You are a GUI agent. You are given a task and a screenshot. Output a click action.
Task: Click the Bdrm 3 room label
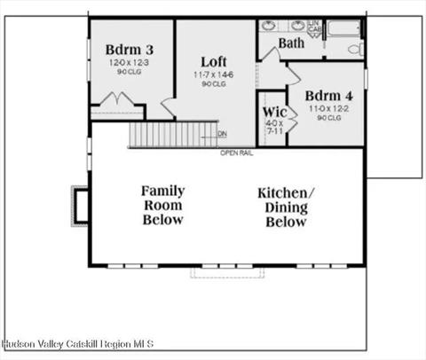130,49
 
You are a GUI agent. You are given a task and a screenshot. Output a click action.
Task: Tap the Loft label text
213,61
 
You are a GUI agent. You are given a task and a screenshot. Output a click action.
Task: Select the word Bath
291,42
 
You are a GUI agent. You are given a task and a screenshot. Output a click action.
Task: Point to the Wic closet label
273,113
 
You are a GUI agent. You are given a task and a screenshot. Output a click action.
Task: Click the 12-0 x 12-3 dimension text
130,63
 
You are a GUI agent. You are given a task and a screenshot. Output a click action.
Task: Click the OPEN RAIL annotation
239,153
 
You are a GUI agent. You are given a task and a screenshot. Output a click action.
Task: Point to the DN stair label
222,135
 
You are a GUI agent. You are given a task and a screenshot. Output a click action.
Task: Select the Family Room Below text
162,205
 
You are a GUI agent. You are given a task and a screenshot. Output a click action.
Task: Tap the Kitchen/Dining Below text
286,207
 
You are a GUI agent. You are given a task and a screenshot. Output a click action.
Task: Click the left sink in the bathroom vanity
272,25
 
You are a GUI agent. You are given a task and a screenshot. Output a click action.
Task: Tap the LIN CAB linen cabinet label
315,27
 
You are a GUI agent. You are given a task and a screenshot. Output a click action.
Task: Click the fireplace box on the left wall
80,205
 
